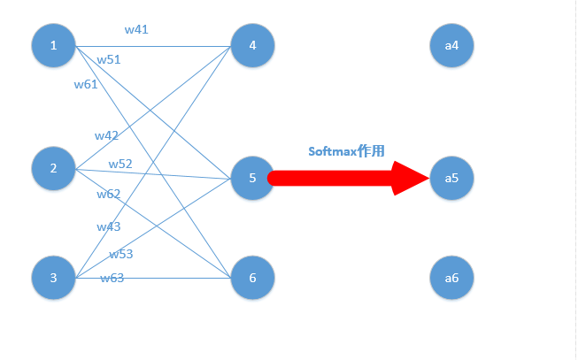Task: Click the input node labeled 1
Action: pos(53,45)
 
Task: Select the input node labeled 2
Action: pos(53,168)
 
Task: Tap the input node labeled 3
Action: pos(53,278)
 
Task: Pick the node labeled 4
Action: pos(252,45)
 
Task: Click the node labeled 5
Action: pos(252,178)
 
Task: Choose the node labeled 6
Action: pos(252,278)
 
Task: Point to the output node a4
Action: pos(451,45)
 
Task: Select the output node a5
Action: pos(451,178)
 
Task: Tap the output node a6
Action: pos(451,278)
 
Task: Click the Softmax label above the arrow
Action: pos(346,151)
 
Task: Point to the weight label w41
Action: pos(136,29)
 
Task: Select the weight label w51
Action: pos(109,59)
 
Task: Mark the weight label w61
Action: pos(86,84)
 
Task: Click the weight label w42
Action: pos(107,135)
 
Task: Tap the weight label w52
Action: pos(120,164)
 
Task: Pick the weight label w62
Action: pos(109,194)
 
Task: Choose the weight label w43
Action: pos(109,226)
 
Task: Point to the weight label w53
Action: pos(121,254)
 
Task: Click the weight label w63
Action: pos(112,278)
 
